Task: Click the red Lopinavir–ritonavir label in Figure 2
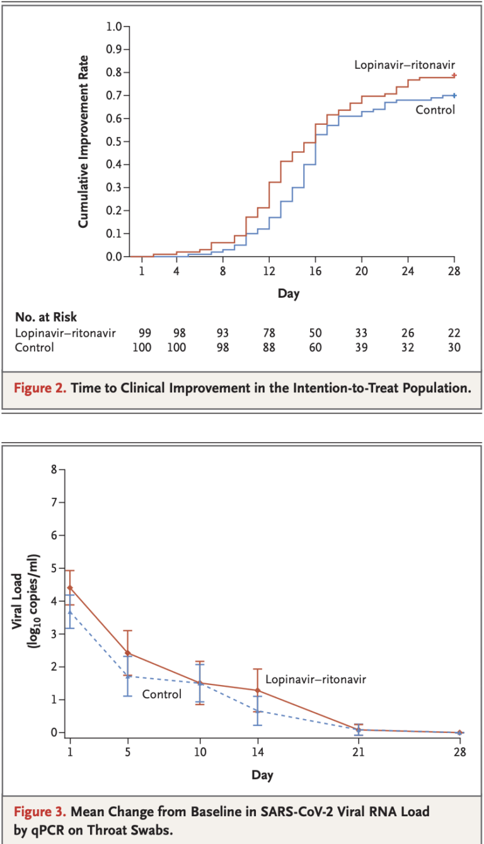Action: click(x=404, y=64)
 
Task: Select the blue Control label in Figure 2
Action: click(x=435, y=110)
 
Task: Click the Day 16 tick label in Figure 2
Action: click(x=315, y=272)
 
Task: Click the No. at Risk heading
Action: click(x=47, y=317)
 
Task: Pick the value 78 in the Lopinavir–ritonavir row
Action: click(x=269, y=333)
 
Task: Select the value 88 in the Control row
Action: click(x=269, y=348)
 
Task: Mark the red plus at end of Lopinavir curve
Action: click(x=454, y=75)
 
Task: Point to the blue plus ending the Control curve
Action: click(x=454, y=96)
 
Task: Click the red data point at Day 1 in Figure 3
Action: click(x=69, y=587)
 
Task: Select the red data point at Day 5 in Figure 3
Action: click(x=128, y=653)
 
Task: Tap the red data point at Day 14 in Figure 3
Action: click(x=257, y=690)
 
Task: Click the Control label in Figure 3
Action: click(x=161, y=695)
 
